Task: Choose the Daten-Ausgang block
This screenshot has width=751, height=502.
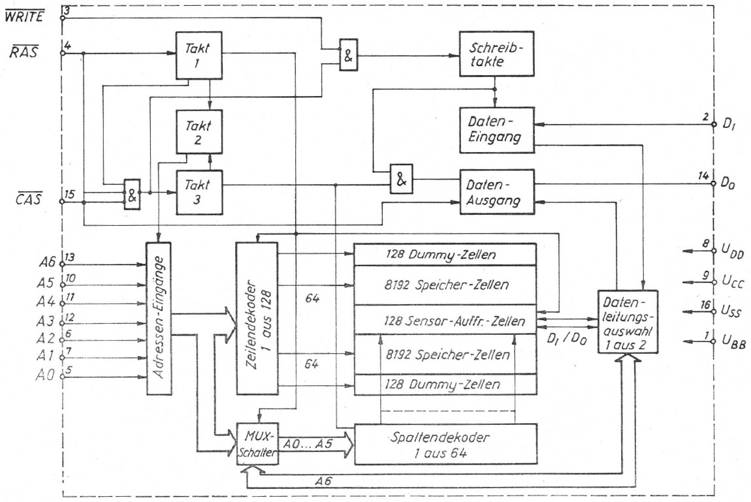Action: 496,191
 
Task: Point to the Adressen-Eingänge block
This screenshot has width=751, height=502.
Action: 160,318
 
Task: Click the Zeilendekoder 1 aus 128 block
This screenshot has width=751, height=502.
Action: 257,318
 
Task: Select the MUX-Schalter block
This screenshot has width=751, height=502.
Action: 257,445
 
